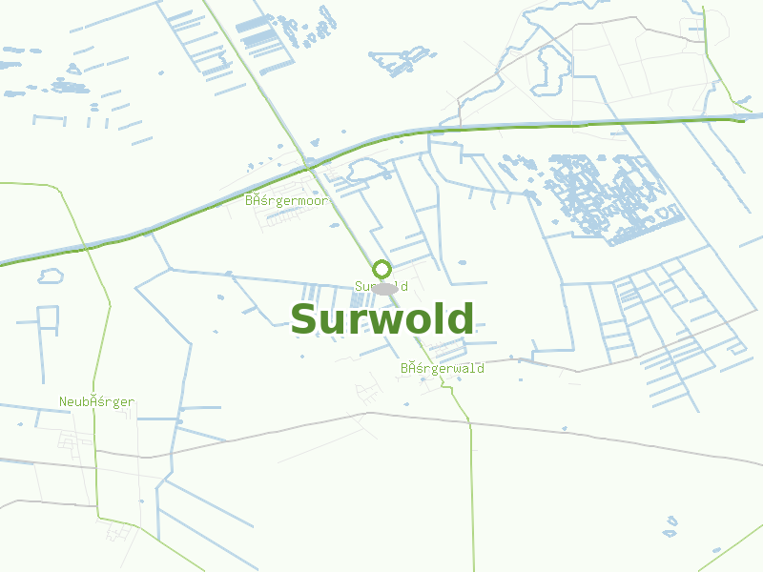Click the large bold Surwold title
(381, 320)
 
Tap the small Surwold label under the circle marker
(381, 286)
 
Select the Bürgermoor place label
(286, 201)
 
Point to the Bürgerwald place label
(442, 369)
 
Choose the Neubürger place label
(96, 402)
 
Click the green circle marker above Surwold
(381, 269)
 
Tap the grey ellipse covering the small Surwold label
(383, 288)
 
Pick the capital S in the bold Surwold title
(304, 320)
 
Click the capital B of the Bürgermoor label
(249, 201)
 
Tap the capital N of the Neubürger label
(63, 402)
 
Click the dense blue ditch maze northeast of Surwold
(610, 195)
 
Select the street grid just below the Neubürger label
(69, 440)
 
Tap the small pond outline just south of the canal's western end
(50, 276)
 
